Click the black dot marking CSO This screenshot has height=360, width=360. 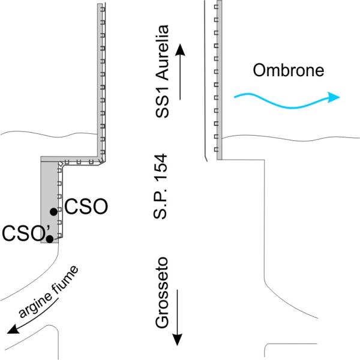point(53,211)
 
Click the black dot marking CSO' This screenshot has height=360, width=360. point(50,239)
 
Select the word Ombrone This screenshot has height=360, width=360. point(288,71)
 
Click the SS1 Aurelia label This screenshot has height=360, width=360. point(164,72)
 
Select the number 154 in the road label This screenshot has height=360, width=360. point(161,168)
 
